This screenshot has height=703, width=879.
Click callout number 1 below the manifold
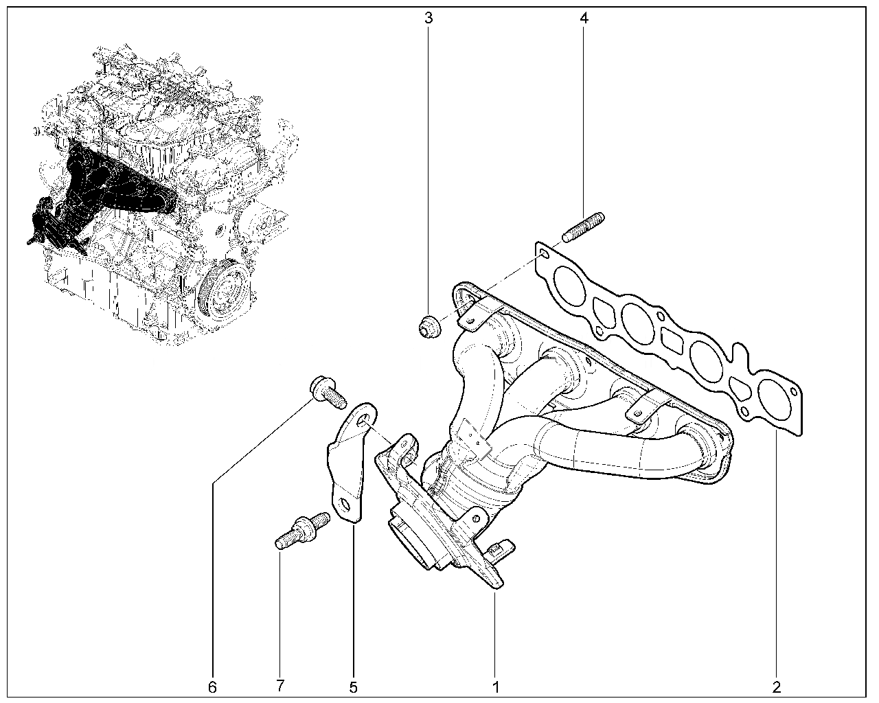click(496, 687)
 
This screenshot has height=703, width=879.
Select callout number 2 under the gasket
click(777, 687)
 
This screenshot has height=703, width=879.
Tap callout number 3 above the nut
click(429, 19)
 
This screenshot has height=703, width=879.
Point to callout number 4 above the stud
click(584, 19)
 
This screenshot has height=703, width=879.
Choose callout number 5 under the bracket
click(353, 687)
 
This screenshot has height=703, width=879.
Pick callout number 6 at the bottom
click(212, 687)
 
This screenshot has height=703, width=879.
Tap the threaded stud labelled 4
click(583, 227)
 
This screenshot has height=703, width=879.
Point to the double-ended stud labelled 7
click(302, 530)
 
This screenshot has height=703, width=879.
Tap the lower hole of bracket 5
click(344, 506)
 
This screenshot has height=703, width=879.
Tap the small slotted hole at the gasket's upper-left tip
click(543, 255)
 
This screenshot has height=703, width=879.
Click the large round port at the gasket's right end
click(773, 398)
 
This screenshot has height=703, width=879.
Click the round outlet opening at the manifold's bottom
click(413, 547)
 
